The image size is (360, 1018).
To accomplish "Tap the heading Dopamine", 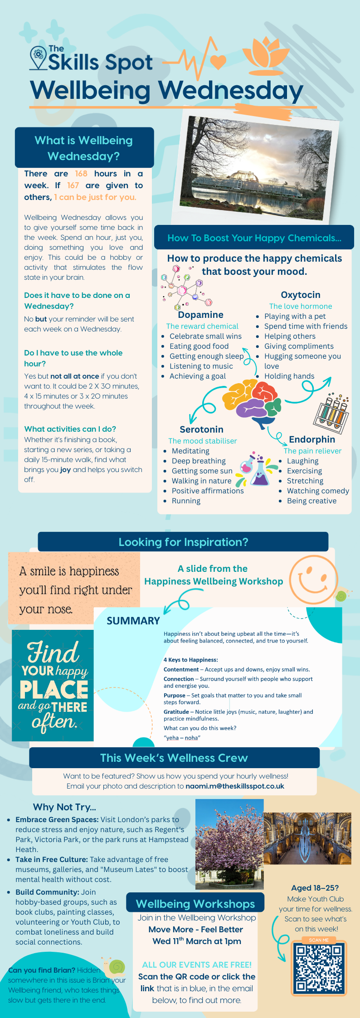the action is tap(200, 315).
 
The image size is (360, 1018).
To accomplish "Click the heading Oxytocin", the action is tap(300, 295).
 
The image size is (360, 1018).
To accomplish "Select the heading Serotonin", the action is tap(201, 429).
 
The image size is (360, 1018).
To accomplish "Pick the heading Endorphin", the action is tap(312, 439).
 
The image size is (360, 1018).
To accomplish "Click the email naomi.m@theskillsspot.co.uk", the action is tap(235, 786).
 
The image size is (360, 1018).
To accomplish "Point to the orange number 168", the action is tap(81, 174).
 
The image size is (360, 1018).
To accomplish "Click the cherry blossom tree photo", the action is tap(229, 844).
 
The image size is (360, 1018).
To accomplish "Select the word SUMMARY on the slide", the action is tap(133, 621).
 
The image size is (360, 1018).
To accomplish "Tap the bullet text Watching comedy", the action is tap(318, 491).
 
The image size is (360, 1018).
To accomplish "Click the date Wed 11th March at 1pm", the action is tap(197, 941).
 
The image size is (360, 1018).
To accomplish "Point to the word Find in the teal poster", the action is tap(54, 653).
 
